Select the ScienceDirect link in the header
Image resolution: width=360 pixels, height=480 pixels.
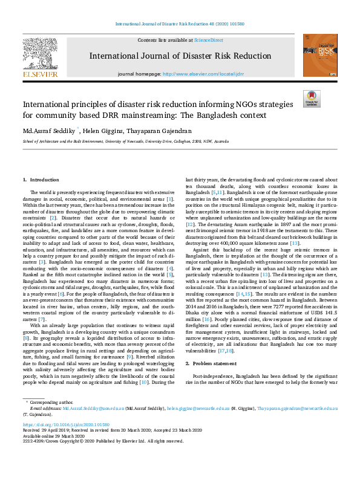208,40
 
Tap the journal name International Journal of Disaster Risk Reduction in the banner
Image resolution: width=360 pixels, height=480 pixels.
180,56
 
